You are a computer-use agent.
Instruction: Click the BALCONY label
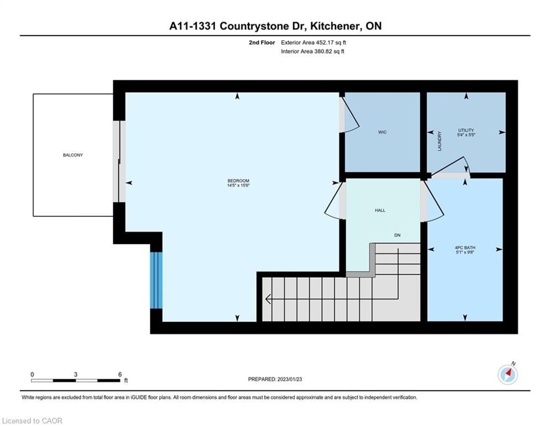click(72, 155)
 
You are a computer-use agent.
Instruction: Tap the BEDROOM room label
click(238, 181)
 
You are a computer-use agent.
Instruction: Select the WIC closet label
click(383, 132)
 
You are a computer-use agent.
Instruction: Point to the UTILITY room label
click(466, 130)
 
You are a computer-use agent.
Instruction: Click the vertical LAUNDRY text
click(440, 141)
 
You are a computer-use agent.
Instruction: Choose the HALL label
click(380, 210)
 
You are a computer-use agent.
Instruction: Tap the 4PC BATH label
click(465, 247)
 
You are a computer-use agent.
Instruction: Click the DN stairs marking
click(397, 235)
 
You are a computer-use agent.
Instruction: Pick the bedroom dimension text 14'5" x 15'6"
click(238, 185)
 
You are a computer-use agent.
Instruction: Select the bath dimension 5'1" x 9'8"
click(465, 252)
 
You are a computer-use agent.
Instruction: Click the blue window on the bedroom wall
click(156, 280)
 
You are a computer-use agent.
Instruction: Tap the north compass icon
click(507, 375)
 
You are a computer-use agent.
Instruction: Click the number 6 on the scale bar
click(119, 375)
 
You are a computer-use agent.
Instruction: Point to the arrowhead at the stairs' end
click(268, 299)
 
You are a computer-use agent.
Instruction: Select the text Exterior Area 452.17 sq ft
click(313, 43)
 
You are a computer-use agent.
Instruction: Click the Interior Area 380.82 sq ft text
click(312, 51)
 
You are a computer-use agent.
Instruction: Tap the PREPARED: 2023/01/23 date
click(275, 379)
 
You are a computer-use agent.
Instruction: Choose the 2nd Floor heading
click(262, 43)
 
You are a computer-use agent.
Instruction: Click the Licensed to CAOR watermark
click(32, 421)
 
